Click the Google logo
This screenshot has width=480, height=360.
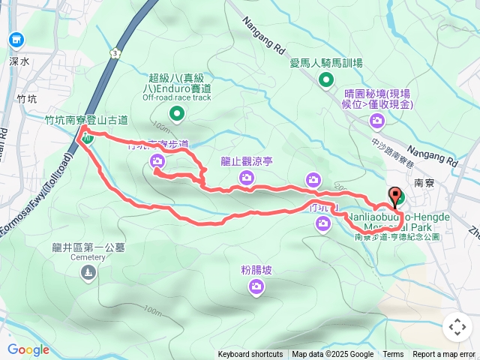28,349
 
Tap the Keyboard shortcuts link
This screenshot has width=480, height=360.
250,355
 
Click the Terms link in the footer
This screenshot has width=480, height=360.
393,355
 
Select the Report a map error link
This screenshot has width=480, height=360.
445,355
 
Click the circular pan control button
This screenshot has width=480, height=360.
457,327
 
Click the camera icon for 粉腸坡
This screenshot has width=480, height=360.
256,286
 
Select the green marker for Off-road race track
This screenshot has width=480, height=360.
177,113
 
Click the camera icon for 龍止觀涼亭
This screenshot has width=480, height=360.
247,177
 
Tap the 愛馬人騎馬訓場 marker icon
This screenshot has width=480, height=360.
327,79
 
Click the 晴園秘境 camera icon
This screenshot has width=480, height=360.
375,120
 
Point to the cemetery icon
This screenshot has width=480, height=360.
89,273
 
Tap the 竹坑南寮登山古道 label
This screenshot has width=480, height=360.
86,119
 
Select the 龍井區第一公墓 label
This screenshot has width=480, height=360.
89,247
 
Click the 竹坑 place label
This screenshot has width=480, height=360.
25,99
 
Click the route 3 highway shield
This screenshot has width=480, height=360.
113,54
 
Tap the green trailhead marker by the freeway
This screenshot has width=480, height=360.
88,138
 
